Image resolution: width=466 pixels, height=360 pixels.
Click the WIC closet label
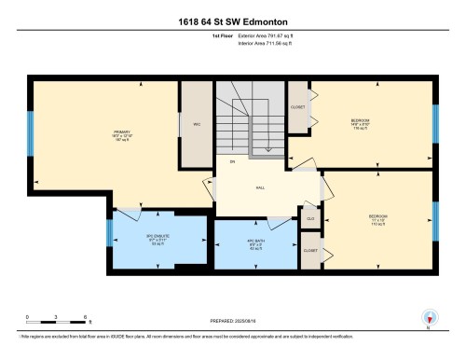197,123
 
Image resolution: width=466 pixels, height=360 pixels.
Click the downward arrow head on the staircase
267,148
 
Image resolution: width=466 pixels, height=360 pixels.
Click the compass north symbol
429,318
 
